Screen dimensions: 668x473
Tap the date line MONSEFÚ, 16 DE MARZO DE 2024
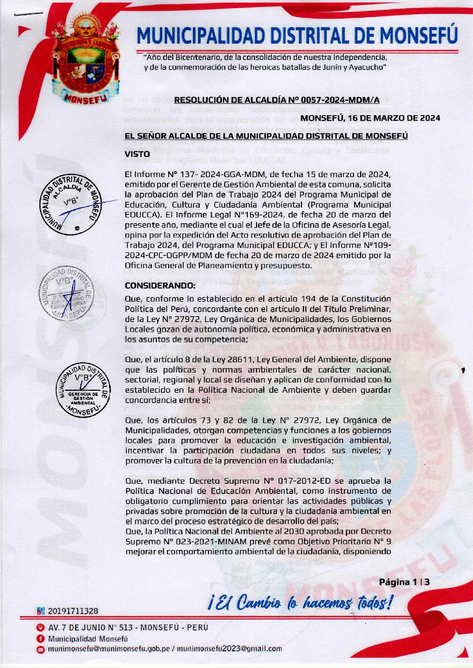(370, 118)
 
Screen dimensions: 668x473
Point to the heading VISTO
(137, 154)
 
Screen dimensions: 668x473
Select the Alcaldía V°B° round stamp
(72, 204)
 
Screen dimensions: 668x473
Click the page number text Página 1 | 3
(404, 582)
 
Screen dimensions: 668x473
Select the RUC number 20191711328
(73, 611)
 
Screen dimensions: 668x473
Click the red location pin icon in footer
(40, 628)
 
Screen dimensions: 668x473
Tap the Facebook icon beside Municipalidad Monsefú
(40, 639)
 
